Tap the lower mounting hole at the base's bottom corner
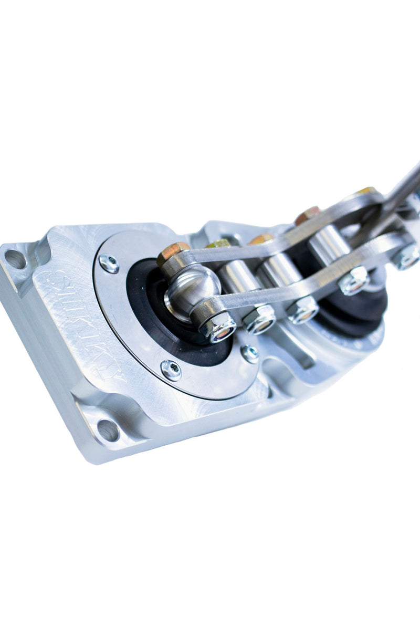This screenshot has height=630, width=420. [108, 430]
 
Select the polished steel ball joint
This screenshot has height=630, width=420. [192, 294]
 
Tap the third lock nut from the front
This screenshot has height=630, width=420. [303, 310]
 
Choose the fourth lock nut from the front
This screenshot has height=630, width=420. [353, 280]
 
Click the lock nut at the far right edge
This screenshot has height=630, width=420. [406, 257]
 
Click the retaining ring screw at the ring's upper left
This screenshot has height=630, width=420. [109, 263]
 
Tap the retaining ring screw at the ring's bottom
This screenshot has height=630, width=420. [171, 370]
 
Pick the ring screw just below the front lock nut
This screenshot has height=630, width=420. [250, 353]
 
